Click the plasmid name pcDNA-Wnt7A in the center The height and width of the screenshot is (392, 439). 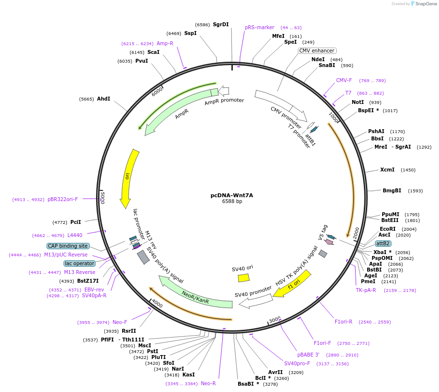pyautogui.click(x=231, y=195)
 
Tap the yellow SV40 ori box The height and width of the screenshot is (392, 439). pyautogui.click(x=244, y=278)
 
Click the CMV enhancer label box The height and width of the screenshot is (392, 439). pyautogui.click(x=317, y=51)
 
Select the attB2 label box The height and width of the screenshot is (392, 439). pyautogui.click(x=383, y=243)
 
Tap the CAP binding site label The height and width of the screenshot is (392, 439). pyautogui.click(x=68, y=246)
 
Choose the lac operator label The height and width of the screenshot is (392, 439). pyautogui.click(x=80, y=263)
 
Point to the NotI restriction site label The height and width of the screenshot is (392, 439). pyautogui.click(x=358, y=102)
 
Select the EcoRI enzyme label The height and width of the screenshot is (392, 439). pyautogui.click(x=388, y=229)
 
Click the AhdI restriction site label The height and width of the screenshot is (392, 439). pyautogui.click(x=103, y=99)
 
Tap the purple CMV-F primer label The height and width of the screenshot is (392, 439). pyautogui.click(x=344, y=80)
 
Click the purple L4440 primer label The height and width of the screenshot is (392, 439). pyautogui.click(x=75, y=235)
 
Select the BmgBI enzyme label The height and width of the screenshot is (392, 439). pyautogui.click(x=392, y=190)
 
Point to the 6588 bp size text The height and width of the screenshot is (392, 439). pyautogui.click(x=232, y=201)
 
